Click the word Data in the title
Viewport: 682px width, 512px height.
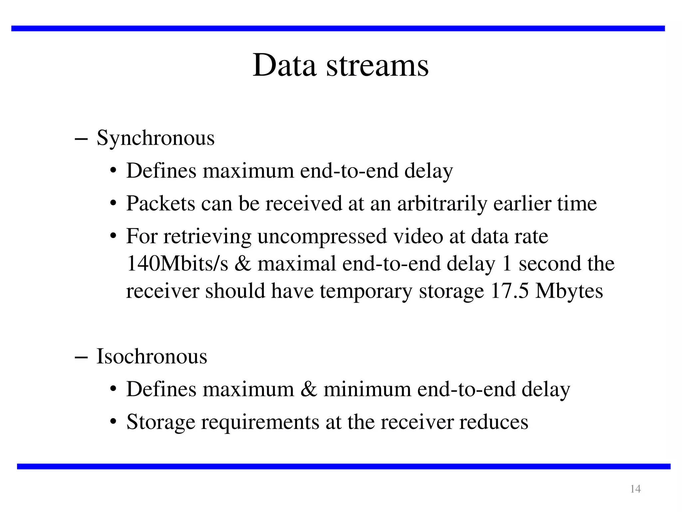(284, 65)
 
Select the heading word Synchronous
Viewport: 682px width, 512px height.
(156, 138)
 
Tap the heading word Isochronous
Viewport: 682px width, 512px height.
(152, 356)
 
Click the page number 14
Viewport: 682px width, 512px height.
(635, 489)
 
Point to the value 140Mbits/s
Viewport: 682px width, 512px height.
(177, 264)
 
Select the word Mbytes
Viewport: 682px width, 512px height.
(569, 291)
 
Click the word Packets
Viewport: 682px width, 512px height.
(161, 203)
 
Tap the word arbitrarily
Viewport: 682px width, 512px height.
(442, 203)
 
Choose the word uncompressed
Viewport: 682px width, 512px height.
(322, 237)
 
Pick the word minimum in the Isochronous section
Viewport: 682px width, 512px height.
(367, 389)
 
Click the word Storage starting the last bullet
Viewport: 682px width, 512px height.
(161, 422)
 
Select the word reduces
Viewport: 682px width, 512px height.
(494, 422)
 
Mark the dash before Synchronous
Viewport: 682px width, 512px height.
(81, 139)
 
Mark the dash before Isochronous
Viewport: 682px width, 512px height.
(81, 357)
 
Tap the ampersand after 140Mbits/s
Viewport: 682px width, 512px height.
(242, 264)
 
